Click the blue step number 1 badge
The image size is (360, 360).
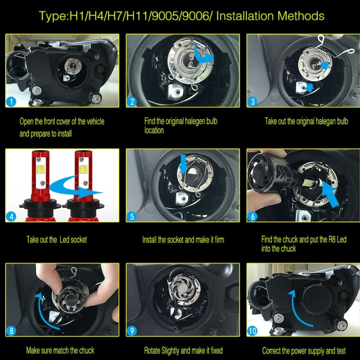click(x=11, y=102)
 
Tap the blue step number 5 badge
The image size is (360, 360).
click(x=132, y=216)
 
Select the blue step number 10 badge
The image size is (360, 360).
click(x=253, y=331)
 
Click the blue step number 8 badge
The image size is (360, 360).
click(x=11, y=331)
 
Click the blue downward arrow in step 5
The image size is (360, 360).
click(x=183, y=164)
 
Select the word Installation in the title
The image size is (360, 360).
click(x=245, y=16)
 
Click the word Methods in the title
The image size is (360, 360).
click(x=301, y=16)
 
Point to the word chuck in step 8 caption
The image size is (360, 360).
click(x=86, y=350)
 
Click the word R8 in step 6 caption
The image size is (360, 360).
click(x=332, y=240)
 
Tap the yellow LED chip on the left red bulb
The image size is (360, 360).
click(x=41, y=169)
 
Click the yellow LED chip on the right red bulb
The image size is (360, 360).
click(x=83, y=169)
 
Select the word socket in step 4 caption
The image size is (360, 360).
click(x=79, y=240)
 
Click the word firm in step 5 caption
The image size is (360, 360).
click(x=219, y=240)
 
